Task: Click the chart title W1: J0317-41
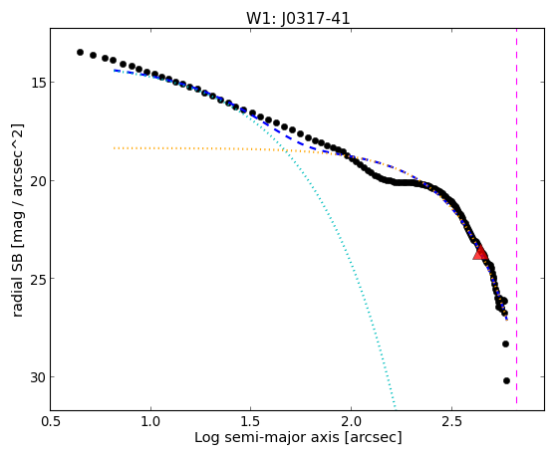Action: [x=298, y=19]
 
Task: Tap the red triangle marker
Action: [x=480, y=253]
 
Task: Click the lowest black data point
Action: [x=506, y=380]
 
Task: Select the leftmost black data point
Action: [x=81, y=52]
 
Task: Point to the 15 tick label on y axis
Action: [x=37, y=83]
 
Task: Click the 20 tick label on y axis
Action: [x=37, y=181]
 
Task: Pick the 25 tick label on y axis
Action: [x=37, y=279]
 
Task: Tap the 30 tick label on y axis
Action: [x=37, y=377]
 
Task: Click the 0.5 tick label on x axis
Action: [x=51, y=421]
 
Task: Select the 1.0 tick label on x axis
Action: [x=150, y=421]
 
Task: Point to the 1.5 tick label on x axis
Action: [x=251, y=421]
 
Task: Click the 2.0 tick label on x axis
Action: [x=351, y=421]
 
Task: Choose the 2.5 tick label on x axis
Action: [x=451, y=421]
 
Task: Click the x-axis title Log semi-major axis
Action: [x=267, y=437]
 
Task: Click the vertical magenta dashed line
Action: [x=516, y=216]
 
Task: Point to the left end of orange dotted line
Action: [x=114, y=148]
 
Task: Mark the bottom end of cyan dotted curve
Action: [x=395, y=407]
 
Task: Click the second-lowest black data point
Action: [x=505, y=343]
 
